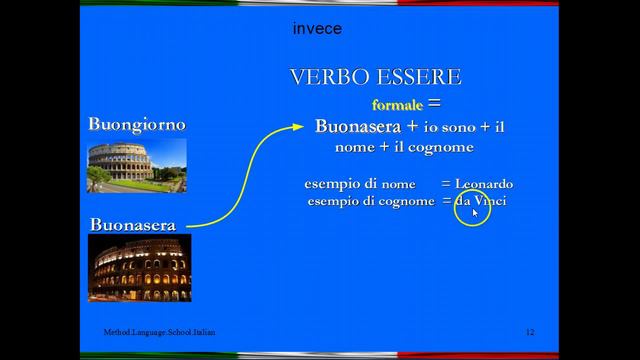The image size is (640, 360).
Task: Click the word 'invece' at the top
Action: (x=317, y=29)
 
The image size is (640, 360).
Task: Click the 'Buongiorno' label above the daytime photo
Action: (x=136, y=124)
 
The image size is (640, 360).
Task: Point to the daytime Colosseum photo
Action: (x=136, y=165)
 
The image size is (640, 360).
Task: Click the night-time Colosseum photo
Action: (x=139, y=268)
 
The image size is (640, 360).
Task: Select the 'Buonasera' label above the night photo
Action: (x=133, y=225)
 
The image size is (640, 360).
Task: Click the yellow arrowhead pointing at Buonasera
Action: (x=296, y=127)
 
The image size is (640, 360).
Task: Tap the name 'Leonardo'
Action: (x=484, y=184)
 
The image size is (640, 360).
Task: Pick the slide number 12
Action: (x=530, y=331)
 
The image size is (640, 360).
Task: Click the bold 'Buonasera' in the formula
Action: (x=356, y=126)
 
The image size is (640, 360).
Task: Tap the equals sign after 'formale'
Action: (x=433, y=103)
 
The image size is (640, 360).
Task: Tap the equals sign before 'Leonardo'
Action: (x=446, y=185)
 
